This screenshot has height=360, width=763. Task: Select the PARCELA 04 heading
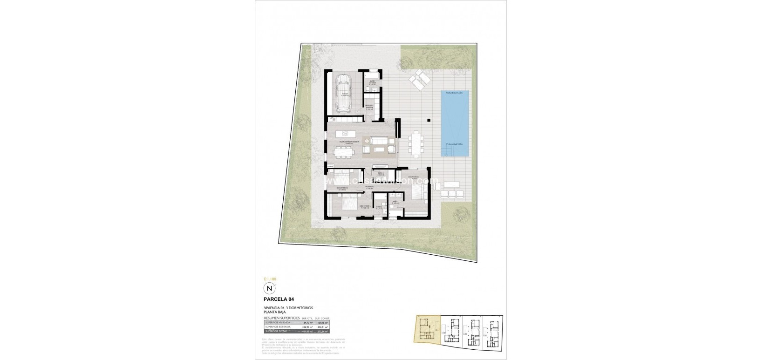pos(278,299)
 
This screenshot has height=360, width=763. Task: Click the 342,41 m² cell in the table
pos(322,327)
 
